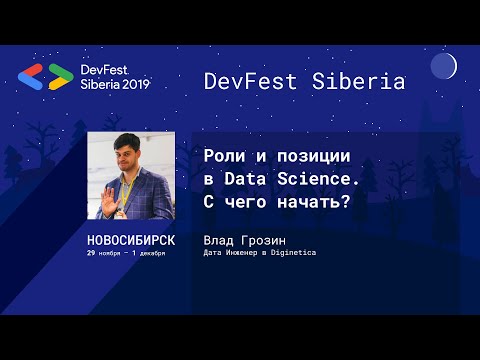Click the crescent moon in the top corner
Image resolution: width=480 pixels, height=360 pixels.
pyautogui.click(x=443, y=67)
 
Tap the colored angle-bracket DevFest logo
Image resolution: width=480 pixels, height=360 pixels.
pyautogui.click(x=47, y=77)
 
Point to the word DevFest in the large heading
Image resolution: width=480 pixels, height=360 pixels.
pyautogui.click(x=250, y=82)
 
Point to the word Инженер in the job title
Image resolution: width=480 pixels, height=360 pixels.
pyautogui.click(x=245, y=254)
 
